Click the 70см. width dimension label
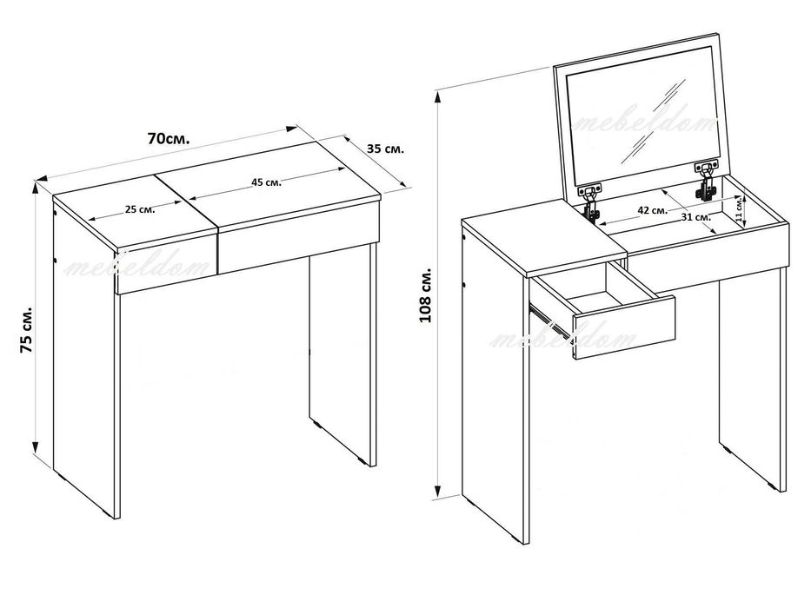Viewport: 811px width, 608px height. click(x=169, y=139)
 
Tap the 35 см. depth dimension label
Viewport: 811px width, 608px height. click(x=385, y=149)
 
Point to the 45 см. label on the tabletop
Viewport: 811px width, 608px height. click(x=266, y=182)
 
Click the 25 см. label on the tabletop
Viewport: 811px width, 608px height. click(x=140, y=209)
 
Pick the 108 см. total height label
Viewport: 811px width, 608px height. click(x=425, y=295)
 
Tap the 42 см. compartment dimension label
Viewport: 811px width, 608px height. click(x=652, y=210)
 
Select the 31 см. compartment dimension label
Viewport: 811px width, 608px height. click(x=695, y=217)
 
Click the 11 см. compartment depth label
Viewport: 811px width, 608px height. click(x=739, y=208)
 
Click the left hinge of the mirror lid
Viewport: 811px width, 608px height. click(x=591, y=202)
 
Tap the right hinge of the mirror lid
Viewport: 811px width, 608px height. click(x=706, y=181)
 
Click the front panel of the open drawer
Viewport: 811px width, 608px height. click(x=622, y=327)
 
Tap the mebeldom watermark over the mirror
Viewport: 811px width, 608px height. click(x=646, y=124)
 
